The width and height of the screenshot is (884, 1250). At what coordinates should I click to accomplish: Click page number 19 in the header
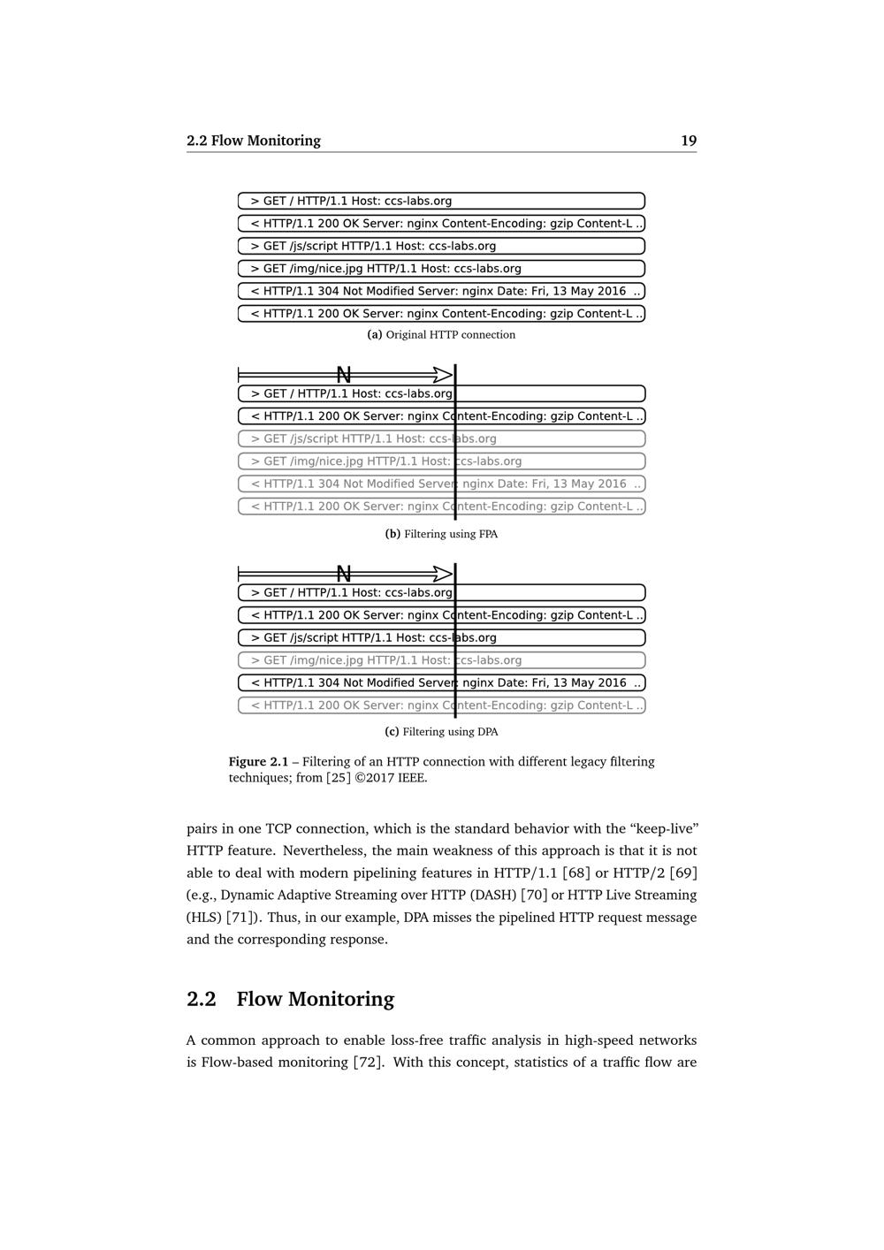point(689,141)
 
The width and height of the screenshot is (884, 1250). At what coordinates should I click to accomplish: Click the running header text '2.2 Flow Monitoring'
point(254,141)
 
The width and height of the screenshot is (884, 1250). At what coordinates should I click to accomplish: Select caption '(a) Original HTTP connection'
point(441,335)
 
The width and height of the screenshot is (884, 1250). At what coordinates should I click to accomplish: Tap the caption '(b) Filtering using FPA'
point(441,534)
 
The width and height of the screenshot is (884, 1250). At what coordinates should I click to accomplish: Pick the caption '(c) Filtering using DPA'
point(441,732)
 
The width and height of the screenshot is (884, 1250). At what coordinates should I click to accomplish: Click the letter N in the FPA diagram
point(344,375)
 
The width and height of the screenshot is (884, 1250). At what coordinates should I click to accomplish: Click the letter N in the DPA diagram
point(344,574)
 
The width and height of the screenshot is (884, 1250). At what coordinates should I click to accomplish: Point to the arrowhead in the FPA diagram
point(442,375)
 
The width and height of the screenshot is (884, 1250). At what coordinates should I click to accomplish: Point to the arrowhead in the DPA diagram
point(442,574)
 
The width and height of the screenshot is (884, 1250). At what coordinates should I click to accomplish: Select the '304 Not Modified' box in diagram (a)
point(441,291)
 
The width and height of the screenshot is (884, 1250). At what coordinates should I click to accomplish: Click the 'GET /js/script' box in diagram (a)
point(441,246)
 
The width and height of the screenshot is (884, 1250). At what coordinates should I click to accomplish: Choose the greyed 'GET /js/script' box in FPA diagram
point(441,438)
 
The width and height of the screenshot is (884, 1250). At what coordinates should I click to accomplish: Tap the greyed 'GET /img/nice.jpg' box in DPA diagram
point(441,660)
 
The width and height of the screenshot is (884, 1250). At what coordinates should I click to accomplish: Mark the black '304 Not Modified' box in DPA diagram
point(441,682)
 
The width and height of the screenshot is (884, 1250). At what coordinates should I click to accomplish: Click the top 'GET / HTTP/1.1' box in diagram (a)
point(441,201)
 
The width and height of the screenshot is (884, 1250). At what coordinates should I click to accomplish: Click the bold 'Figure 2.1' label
point(258,762)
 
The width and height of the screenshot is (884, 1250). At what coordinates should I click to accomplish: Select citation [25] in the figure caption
point(338,779)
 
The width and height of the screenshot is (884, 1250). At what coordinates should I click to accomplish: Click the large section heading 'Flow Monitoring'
point(315,999)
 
